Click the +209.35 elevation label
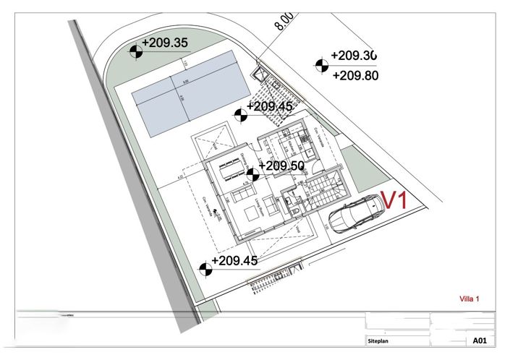(x=165, y=43)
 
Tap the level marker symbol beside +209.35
(x=135, y=51)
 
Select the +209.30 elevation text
(x=354, y=56)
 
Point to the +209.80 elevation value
(x=354, y=74)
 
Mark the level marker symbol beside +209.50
(x=252, y=173)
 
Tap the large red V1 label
(x=395, y=200)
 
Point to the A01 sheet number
(x=479, y=339)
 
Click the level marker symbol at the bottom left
(x=205, y=269)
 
